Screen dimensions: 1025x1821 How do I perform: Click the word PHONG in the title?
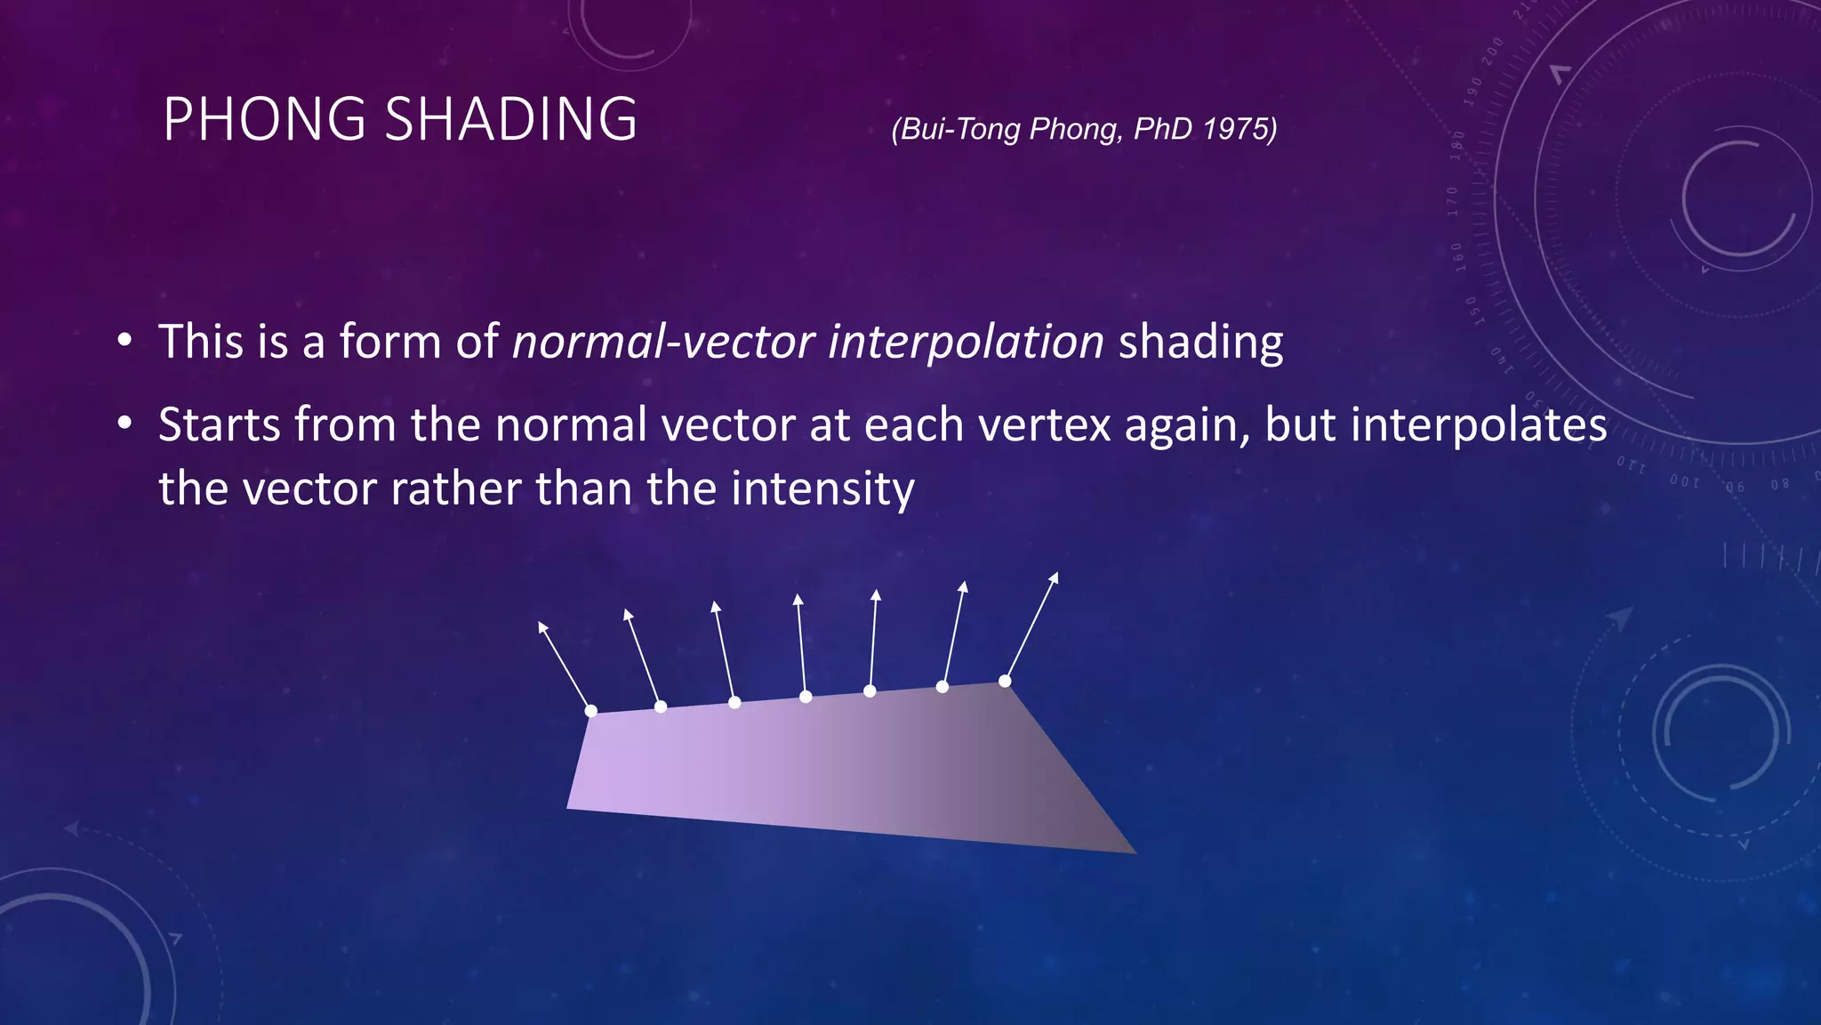[x=264, y=119]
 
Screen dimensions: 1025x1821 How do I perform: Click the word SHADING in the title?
[x=511, y=119]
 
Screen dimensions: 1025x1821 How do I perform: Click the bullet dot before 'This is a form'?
[x=124, y=342]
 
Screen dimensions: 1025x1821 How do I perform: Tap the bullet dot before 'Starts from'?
[x=124, y=424]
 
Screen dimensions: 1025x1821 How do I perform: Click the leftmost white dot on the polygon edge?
[x=591, y=710]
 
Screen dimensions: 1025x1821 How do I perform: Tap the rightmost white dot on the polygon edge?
[x=1005, y=681]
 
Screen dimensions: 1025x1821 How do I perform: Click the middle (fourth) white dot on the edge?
[x=806, y=697]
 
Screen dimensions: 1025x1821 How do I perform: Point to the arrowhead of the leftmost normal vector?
[x=542, y=626]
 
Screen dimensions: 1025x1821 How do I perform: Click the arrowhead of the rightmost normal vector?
[x=1055, y=577]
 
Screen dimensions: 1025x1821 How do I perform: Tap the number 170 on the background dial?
[x=1453, y=201]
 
